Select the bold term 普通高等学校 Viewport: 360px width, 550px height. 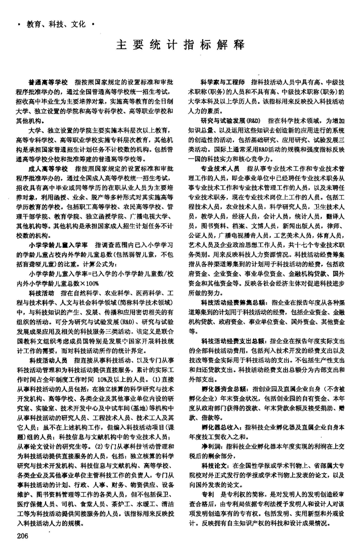tap(48, 82)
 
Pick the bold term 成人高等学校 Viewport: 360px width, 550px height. tap(48, 168)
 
